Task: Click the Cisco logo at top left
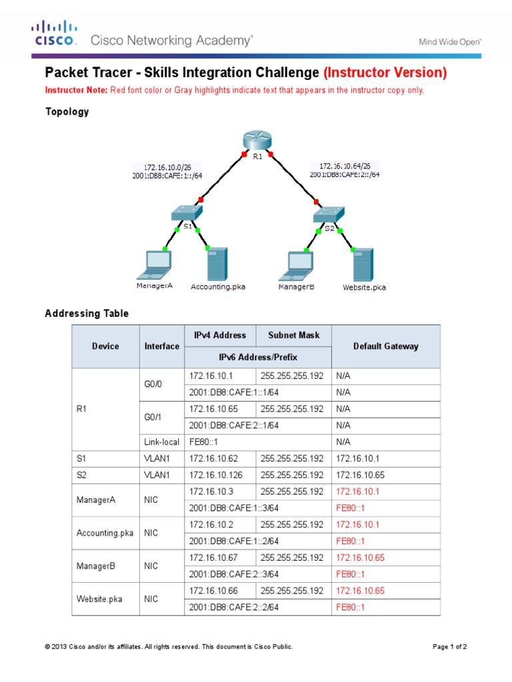pos(55,34)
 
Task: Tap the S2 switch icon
pos(329,213)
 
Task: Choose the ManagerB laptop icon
pos(296,264)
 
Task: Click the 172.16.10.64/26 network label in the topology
pos(345,166)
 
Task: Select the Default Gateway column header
pos(385,346)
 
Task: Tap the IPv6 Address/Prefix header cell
pos(257,357)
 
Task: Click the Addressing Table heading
pos(87,313)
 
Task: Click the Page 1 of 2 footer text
pos(450,647)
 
